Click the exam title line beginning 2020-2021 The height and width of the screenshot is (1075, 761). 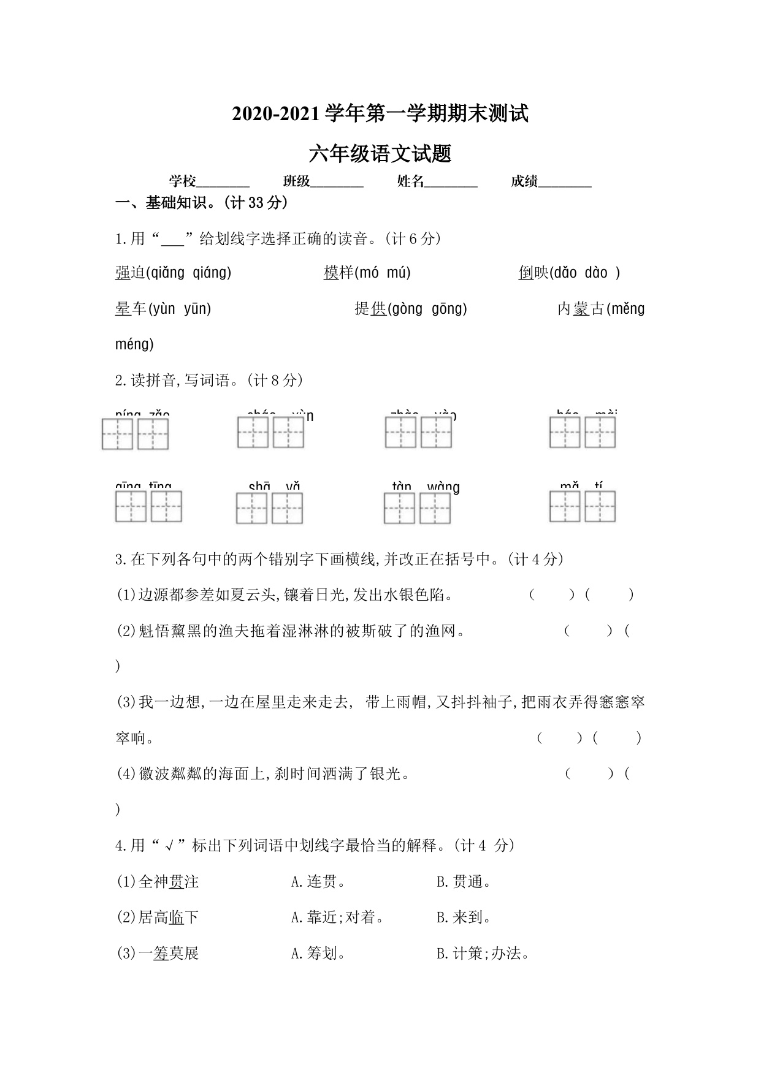point(380,114)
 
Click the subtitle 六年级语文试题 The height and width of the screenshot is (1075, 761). point(380,154)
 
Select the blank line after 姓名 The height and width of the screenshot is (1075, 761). point(451,182)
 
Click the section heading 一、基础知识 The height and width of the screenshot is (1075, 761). point(202,203)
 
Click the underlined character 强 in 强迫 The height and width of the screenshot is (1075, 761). point(123,273)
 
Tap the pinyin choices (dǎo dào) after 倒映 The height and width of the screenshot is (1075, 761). point(585,273)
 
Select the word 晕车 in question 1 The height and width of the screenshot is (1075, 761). point(131,309)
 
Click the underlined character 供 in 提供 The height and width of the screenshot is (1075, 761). point(379,309)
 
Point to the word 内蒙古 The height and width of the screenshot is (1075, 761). point(581,309)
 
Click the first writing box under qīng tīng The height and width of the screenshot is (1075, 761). point(131,507)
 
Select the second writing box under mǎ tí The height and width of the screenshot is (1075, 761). point(600,507)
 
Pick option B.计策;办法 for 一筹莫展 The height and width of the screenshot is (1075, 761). point(483,954)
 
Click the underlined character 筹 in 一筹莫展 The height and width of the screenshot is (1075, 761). point(161,954)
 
